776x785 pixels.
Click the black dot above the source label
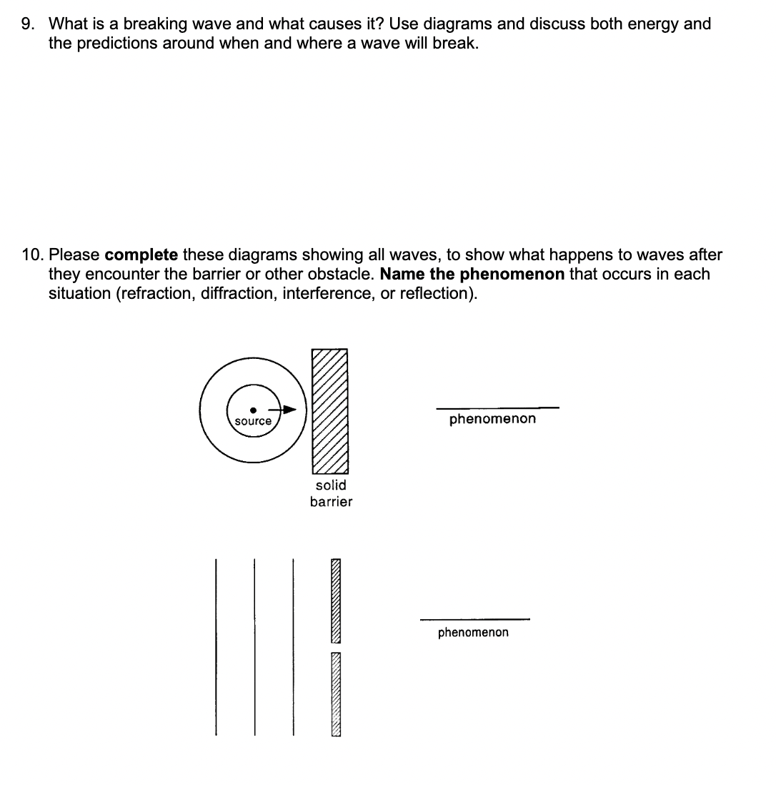pyautogui.click(x=253, y=410)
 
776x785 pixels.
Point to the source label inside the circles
pyautogui.click(x=253, y=422)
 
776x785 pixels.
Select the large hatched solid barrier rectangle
pyautogui.click(x=329, y=411)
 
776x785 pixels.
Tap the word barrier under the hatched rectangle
pyautogui.click(x=331, y=502)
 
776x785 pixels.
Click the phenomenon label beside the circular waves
pyautogui.click(x=492, y=419)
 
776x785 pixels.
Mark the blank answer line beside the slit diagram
pyautogui.click(x=474, y=619)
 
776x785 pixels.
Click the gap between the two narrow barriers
pyautogui.click(x=335, y=647)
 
